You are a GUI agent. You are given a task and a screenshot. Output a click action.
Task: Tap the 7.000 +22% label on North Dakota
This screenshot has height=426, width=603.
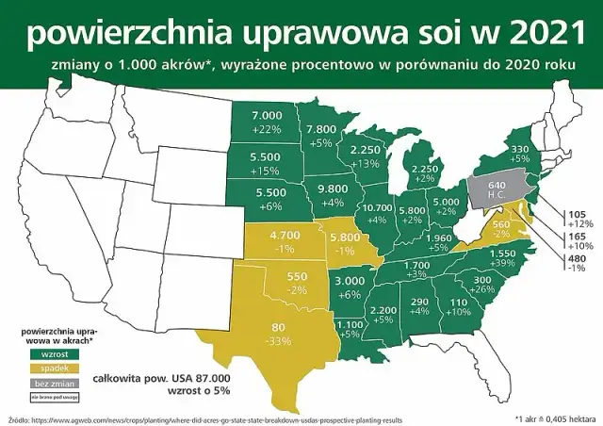click(x=268, y=121)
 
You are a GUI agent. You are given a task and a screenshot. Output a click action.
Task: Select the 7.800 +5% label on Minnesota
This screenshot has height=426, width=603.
click(x=321, y=135)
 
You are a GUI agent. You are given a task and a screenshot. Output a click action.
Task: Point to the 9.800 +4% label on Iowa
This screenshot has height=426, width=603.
click(x=334, y=194)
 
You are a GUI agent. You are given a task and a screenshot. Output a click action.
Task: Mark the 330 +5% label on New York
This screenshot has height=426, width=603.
click(x=519, y=154)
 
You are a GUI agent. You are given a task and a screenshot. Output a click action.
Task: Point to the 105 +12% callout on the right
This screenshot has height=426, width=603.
click(x=577, y=218)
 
